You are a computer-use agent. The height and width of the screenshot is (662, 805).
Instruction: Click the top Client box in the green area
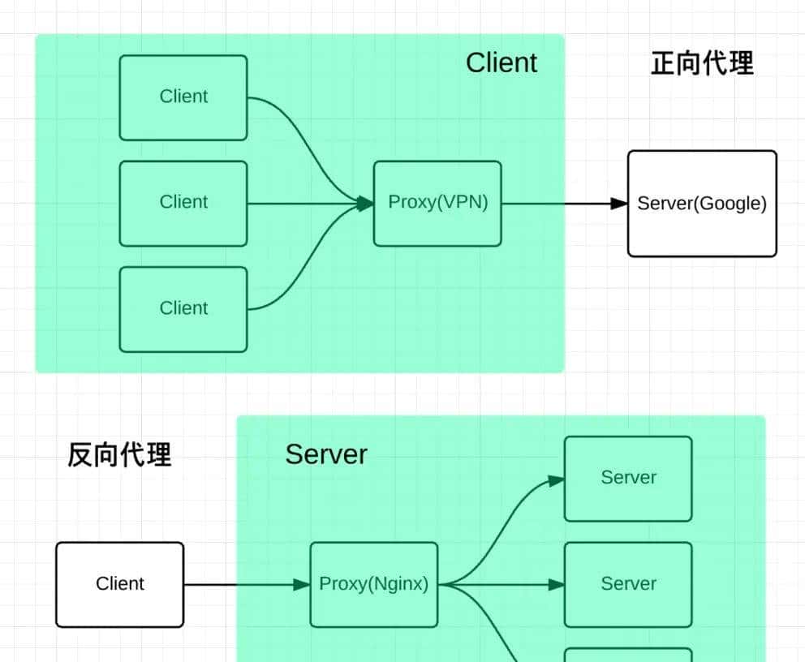click(183, 97)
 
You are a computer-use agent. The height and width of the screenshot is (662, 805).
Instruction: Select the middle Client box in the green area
click(183, 203)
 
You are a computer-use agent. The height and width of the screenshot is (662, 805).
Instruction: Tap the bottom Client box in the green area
click(183, 309)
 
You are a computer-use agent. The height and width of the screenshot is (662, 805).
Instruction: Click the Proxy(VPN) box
click(437, 203)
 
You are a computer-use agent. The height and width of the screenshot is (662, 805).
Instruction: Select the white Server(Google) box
click(702, 204)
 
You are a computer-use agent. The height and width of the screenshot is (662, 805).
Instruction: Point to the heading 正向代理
click(702, 62)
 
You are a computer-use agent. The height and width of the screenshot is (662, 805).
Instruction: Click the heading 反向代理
click(119, 455)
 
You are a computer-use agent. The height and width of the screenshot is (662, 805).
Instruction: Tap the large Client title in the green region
click(501, 62)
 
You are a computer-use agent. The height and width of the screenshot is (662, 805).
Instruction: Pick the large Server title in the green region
click(325, 454)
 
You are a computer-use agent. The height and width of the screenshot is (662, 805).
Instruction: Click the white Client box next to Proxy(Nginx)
click(120, 584)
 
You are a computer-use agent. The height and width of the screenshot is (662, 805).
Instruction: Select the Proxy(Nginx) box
click(373, 584)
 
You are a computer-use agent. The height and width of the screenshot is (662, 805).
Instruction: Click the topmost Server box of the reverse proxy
click(628, 478)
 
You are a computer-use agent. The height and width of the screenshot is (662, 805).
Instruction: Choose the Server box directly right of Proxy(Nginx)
click(628, 584)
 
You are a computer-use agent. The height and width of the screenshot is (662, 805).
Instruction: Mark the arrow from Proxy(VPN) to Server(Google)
click(560, 203)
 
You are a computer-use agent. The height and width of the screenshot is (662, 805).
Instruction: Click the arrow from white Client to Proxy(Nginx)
click(243, 584)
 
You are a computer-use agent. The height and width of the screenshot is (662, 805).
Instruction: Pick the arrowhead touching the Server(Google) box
click(619, 203)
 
